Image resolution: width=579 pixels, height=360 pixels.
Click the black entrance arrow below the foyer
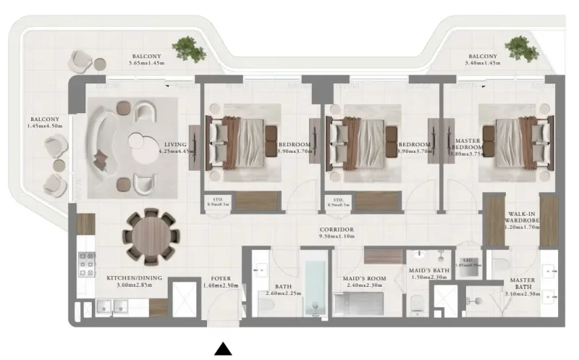(224, 349)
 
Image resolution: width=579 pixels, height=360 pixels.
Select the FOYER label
(221, 278)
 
